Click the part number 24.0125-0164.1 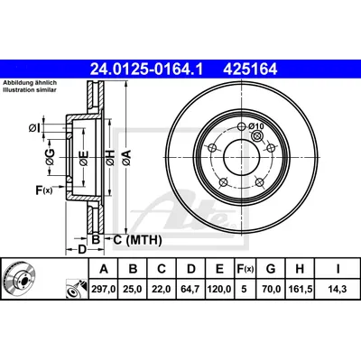click(x=147, y=69)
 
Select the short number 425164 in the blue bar click(x=250, y=69)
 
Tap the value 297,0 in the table click(x=104, y=289)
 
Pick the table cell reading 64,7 click(x=191, y=289)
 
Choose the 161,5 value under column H click(x=301, y=289)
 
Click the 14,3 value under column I click(x=338, y=289)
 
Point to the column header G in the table click(x=271, y=268)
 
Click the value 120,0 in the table click(x=219, y=289)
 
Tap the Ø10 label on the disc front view click(x=256, y=126)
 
